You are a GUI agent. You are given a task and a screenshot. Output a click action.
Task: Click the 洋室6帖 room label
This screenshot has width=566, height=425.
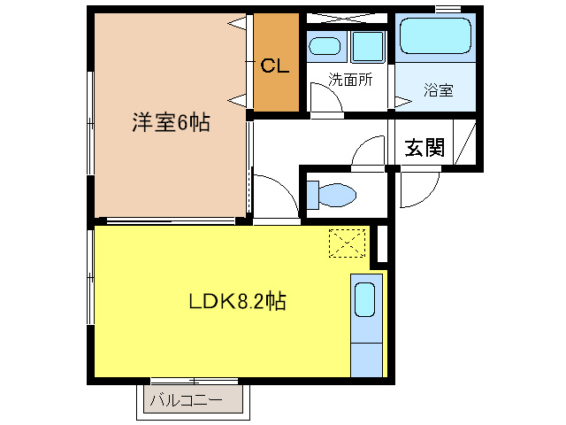(171, 122)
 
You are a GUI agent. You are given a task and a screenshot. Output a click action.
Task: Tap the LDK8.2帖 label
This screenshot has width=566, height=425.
(238, 301)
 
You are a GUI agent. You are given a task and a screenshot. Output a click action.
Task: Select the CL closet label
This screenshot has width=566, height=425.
(275, 66)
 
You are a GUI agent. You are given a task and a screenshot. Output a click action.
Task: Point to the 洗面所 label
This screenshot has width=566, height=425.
(350, 80)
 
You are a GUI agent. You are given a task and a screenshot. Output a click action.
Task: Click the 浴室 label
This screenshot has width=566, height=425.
(439, 90)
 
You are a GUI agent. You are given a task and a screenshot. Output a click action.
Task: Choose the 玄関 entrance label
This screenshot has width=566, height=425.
(424, 148)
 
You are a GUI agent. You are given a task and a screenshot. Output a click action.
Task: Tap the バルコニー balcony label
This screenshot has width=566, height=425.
(187, 400)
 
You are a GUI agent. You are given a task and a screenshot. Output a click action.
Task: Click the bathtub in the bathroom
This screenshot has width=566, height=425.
(435, 36)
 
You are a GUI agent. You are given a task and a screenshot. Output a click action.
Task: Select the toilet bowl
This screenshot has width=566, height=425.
(337, 195)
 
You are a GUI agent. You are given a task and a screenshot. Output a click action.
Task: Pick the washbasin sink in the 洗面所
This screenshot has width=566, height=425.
(325, 46)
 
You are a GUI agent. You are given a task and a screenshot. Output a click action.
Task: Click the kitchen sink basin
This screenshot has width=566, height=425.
(364, 299)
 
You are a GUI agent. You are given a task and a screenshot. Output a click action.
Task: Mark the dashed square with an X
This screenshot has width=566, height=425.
(347, 243)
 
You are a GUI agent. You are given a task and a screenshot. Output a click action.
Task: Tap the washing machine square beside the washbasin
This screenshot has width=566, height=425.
(368, 47)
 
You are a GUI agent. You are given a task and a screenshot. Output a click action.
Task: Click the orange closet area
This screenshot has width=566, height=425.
(276, 62)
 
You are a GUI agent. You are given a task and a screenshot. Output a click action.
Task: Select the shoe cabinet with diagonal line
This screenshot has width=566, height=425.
(464, 143)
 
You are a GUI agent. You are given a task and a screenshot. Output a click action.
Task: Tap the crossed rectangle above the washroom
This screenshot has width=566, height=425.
(347, 19)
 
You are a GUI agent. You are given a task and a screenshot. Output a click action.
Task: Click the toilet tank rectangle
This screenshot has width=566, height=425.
(312, 195)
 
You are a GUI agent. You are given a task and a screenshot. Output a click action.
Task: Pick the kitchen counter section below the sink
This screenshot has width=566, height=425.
(366, 360)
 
